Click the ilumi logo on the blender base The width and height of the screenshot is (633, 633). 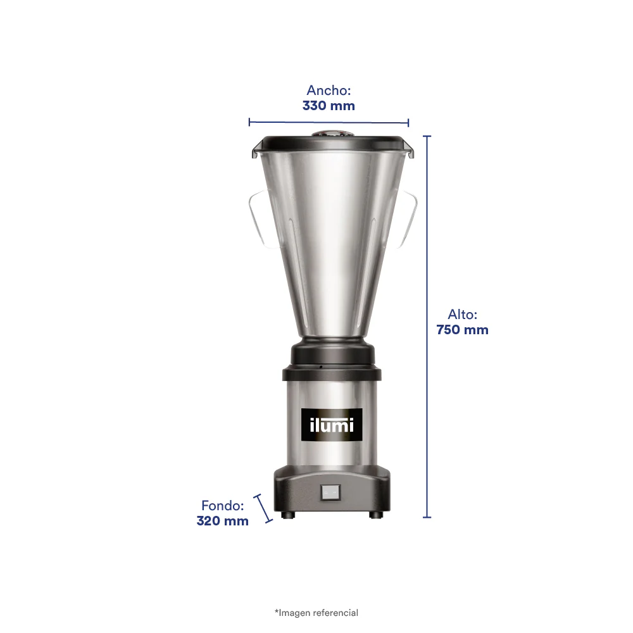click(332, 425)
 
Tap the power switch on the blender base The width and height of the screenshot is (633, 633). click(330, 493)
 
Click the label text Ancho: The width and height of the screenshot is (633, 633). click(329, 91)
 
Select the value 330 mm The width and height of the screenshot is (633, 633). click(329, 106)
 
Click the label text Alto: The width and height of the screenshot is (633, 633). click(462, 315)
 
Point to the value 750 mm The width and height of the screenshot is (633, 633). click(462, 330)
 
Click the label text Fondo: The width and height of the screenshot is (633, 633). click(222, 505)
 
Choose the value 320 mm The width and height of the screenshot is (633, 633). click(222, 521)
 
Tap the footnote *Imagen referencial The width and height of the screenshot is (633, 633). click(316, 613)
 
